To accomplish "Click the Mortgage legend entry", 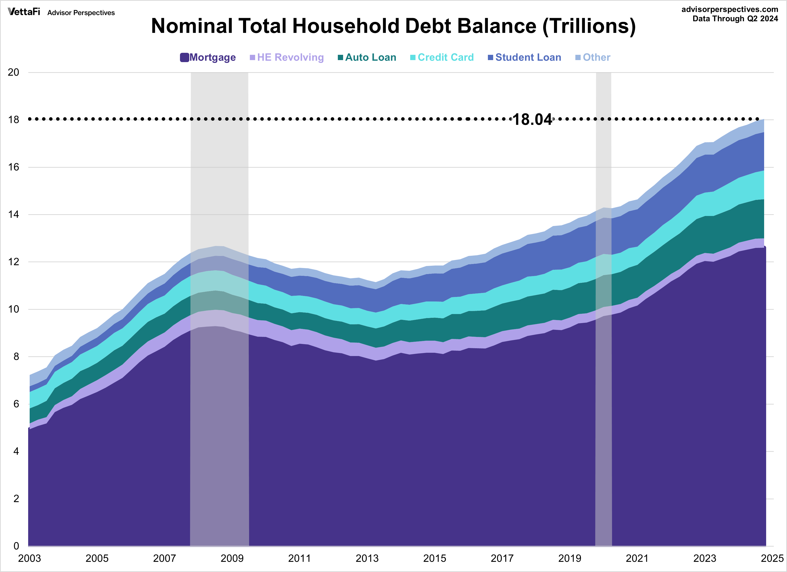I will coord(208,57).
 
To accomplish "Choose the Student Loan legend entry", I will coord(524,57).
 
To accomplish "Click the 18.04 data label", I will coord(532,119).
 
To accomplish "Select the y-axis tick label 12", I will coord(14,262).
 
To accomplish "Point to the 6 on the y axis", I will coord(16,404).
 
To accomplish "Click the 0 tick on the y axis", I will coord(16,546).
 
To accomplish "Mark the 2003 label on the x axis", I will coord(29,558).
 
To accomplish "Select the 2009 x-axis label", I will coord(232,558).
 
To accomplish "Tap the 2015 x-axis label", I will coord(434,558).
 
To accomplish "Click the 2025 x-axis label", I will coord(772,558).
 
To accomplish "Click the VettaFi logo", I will coord(24,12).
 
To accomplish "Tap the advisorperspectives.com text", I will coord(730,9).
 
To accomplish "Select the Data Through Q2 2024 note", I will coord(735,19).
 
